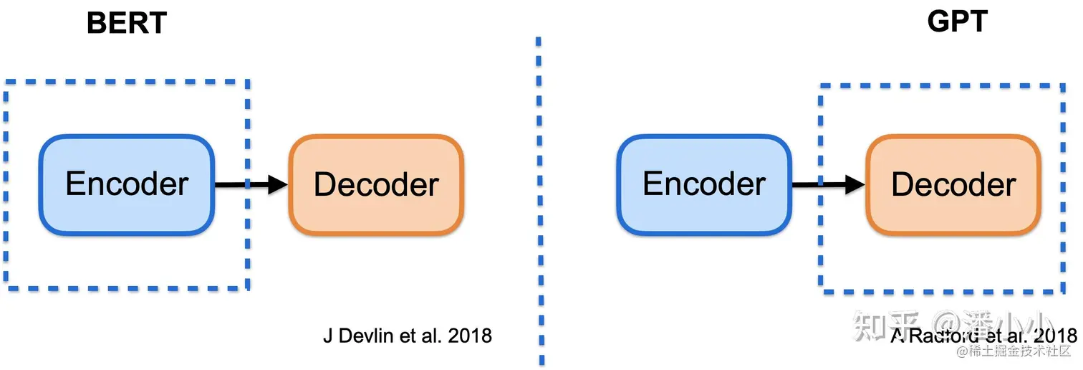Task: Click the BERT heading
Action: pyautogui.click(x=127, y=23)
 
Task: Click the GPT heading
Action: pyautogui.click(x=957, y=22)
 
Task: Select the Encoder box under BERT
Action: pyautogui.click(x=127, y=184)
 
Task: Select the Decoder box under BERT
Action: pyautogui.click(x=376, y=184)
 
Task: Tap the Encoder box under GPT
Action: pyautogui.click(x=704, y=184)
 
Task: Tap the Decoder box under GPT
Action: pyautogui.click(x=953, y=184)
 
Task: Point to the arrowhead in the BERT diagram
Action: pyautogui.click(x=278, y=184)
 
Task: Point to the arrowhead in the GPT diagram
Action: pyautogui.click(x=855, y=184)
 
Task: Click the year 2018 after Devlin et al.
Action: pyautogui.click(x=470, y=336)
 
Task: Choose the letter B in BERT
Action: pyautogui.click(x=96, y=23)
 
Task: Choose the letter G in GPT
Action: pyautogui.click(x=939, y=22)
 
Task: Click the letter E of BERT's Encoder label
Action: pyautogui.click(x=74, y=184)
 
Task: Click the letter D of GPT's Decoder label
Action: pyautogui.click(x=901, y=184)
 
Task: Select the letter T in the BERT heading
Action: pyautogui.click(x=157, y=23)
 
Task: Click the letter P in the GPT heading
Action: pyautogui.click(x=959, y=22)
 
